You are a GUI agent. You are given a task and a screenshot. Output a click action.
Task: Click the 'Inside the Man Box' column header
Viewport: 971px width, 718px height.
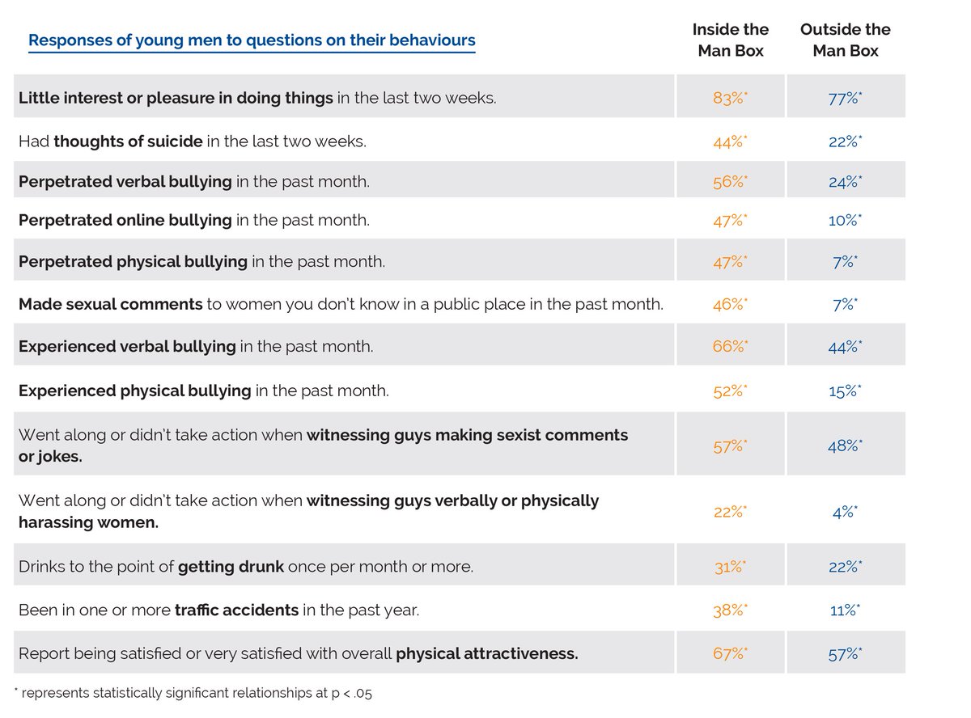[x=730, y=40]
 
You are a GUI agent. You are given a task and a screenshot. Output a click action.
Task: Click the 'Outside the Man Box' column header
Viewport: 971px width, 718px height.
[x=845, y=40]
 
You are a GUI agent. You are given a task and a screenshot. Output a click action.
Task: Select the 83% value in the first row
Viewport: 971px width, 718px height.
[x=729, y=98]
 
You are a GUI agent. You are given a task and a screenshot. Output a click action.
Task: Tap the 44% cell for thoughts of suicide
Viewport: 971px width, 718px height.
[x=729, y=141]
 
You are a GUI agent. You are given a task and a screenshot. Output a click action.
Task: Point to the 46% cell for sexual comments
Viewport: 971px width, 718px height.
[x=729, y=305]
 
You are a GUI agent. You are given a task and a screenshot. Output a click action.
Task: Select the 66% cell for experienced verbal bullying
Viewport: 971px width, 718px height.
[x=729, y=347]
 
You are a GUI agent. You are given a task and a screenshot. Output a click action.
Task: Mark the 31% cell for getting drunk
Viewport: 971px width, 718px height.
[x=729, y=567]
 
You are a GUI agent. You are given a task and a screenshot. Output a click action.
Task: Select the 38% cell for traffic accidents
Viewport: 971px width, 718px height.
[x=729, y=610]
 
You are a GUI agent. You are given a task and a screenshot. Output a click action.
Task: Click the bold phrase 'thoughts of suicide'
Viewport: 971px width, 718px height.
[x=128, y=141]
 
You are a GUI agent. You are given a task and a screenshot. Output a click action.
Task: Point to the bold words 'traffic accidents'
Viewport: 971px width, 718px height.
[x=236, y=610]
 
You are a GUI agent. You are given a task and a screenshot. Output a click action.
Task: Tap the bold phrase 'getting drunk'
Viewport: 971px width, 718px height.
[x=231, y=567]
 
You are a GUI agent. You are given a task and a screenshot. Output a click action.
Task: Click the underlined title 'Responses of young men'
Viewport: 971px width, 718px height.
[x=252, y=40]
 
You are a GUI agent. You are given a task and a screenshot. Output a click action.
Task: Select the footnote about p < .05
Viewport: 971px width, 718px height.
[x=193, y=693]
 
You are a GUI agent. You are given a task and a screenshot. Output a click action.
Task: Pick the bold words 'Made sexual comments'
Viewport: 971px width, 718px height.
[x=110, y=305]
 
